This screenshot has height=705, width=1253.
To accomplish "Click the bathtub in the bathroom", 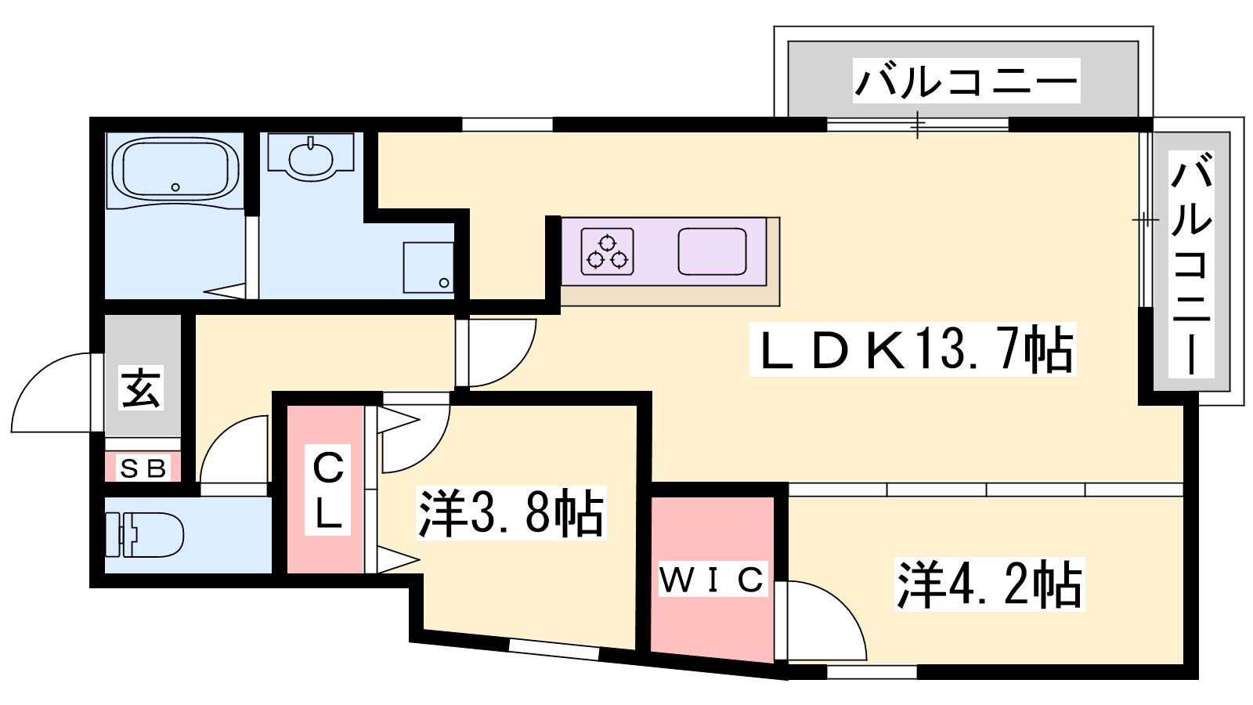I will [x=175, y=170].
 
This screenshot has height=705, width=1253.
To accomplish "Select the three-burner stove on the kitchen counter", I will [x=607, y=251].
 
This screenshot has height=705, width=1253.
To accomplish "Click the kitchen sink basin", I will [x=712, y=251].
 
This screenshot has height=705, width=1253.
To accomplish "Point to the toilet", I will [x=145, y=535].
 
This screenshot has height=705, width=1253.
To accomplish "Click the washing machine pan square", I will [x=428, y=267].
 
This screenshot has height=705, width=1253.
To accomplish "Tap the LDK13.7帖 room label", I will [x=913, y=350].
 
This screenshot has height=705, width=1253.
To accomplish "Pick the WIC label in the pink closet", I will [x=712, y=580].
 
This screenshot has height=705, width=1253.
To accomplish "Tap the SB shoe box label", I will [x=144, y=468].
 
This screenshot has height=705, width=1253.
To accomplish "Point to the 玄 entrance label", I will [x=142, y=388].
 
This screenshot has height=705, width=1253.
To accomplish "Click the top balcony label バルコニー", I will [x=966, y=81].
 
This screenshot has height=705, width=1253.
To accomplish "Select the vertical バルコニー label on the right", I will [x=1191, y=265].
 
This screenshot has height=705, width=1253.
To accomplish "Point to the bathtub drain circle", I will [x=175, y=187].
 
